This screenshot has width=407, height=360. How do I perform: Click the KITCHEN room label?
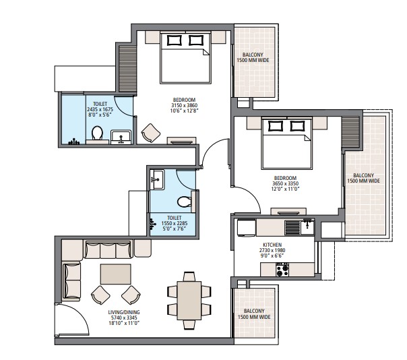(x=272, y=245)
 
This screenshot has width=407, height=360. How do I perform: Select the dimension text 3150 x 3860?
(x=183, y=106)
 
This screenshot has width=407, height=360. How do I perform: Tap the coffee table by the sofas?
(x=115, y=274)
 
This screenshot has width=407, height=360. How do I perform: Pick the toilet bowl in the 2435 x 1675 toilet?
(x=97, y=133)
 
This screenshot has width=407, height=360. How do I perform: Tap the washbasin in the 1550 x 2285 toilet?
(x=157, y=178)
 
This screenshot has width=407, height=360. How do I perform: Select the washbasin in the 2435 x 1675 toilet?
(x=121, y=137)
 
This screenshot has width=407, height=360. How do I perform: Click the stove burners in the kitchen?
(x=282, y=270)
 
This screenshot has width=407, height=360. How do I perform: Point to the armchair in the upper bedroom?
(x=149, y=132)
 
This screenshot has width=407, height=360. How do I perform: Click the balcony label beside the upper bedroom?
(x=253, y=57)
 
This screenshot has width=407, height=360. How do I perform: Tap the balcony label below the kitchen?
(x=253, y=313)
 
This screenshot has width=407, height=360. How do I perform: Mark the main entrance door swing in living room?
(x=69, y=320)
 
